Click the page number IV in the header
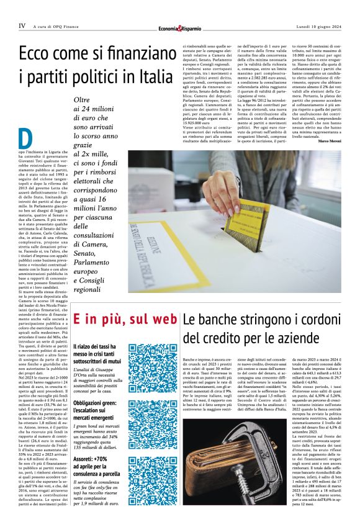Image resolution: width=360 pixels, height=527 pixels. point(22,25)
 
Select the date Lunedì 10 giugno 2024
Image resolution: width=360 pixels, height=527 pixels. point(318,25)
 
